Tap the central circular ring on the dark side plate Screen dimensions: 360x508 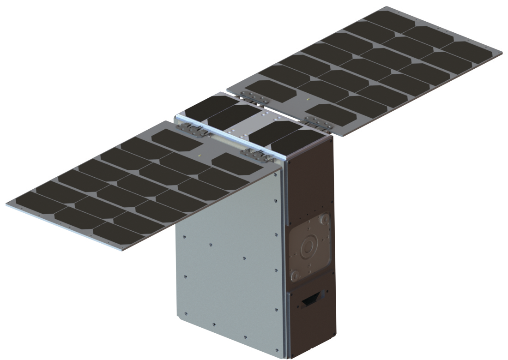307,249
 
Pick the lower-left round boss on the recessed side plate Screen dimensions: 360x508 294,276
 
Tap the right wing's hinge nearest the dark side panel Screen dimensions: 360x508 318,122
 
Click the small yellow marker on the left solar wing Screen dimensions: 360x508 199,156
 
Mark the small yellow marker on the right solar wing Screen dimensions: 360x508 307,99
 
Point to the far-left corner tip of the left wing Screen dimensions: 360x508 6,203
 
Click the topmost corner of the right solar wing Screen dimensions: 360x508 385,7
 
